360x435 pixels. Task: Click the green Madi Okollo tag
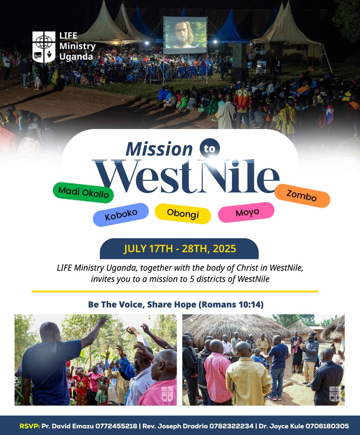tap(83, 192)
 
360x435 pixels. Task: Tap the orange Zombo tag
tap(302, 196)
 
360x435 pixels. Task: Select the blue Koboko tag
tap(121, 214)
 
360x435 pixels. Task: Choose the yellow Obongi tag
tap(183, 213)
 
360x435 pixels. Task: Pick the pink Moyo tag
tap(246, 212)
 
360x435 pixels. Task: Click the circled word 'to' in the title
tap(210, 149)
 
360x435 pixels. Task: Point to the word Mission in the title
tap(159, 149)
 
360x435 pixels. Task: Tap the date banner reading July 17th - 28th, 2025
tap(179, 249)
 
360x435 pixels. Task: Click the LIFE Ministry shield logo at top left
tap(44, 47)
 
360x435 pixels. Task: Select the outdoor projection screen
tap(185, 35)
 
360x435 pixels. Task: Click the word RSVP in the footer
tap(29, 426)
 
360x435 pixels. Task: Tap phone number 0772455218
tap(116, 426)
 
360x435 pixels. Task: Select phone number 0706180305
tap(327, 426)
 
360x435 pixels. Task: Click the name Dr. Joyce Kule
tap(281, 426)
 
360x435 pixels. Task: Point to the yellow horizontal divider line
tap(175, 292)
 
